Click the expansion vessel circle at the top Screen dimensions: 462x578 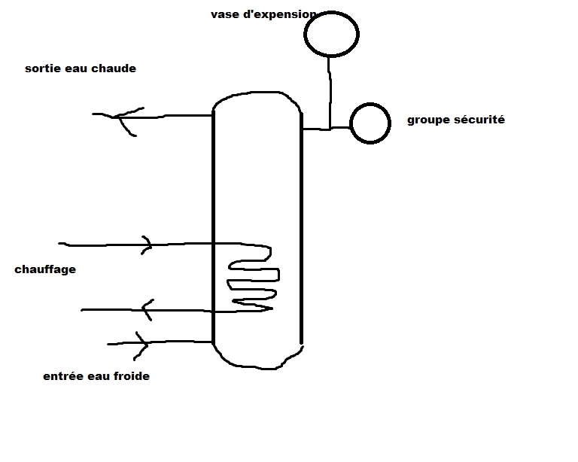pyautogui.click(x=331, y=33)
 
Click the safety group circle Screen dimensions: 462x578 pyautogui.click(x=370, y=123)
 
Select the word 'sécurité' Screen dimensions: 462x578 pyautogui.click(x=478, y=120)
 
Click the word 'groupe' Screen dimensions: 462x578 pyautogui.click(x=427, y=120)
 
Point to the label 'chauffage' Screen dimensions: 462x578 pyautogui.click(x=45, y=269)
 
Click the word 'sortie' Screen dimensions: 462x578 pyautogui.click(x=41, y=68)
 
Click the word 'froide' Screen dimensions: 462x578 pyautogui.click(x=132, y=375)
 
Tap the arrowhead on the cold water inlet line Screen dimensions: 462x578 pyautogui.click(x=141, y=344)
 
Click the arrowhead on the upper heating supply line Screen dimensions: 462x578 pyautogui.click(x=147, y=245)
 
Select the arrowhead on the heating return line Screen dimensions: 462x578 pyautogui.click(x=148, y=309)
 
